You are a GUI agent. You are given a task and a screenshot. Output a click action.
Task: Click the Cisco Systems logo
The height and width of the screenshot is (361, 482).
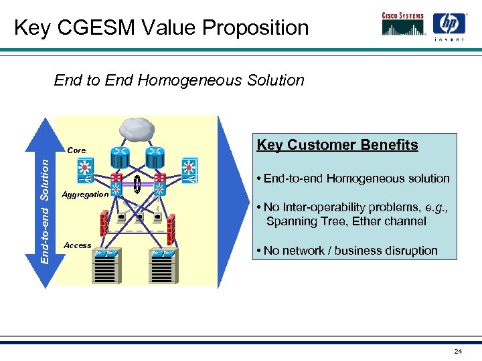[402, 24]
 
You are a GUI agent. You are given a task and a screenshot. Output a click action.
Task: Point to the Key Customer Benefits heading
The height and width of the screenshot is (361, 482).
[337, 145]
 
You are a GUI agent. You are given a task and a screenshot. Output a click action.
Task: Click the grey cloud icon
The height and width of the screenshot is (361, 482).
[138, 129]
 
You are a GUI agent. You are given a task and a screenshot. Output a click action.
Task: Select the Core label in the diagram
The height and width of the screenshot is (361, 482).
[76, 150]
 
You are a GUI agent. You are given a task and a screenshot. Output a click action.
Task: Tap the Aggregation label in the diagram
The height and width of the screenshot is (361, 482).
[85, 195]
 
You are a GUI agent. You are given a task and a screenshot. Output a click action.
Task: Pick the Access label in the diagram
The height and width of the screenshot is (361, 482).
[78, 245]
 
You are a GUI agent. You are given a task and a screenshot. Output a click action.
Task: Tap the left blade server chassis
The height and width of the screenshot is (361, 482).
[106, 267]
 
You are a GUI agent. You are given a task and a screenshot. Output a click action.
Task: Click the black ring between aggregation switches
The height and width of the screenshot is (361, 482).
[137, 185]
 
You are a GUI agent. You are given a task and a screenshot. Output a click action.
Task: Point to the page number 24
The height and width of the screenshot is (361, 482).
[458, 351]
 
